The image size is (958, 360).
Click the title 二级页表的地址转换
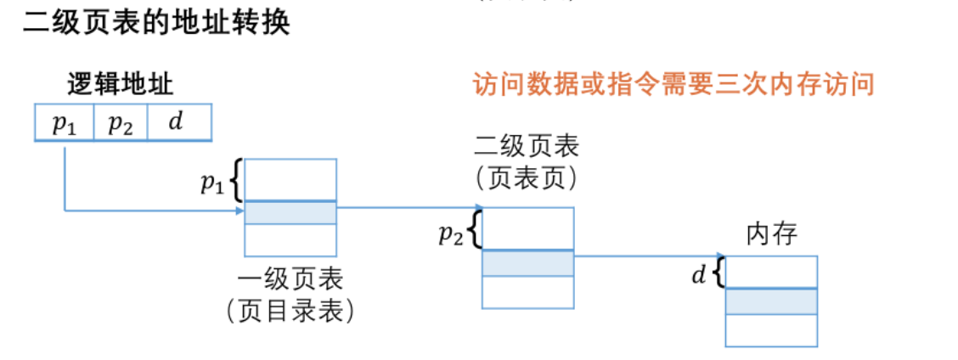[156, 23]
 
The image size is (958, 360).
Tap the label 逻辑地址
[121, 84]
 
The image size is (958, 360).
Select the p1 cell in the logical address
[65, 123]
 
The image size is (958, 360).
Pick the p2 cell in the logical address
[120, 123]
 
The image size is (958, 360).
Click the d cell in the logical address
[177, 123]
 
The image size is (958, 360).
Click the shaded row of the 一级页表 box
[290, 212]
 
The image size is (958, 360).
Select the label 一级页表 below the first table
[290, 281]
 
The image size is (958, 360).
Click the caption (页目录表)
[290, 311]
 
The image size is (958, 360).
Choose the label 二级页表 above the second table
[527, 147]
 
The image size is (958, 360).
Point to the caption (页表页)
[527, 177]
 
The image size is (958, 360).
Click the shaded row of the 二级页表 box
[528, 262]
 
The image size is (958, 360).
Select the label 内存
[771, 233]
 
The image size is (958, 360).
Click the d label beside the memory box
[698, 275]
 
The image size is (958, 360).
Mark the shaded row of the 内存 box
[771, 301]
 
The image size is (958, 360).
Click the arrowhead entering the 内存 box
[722, 256]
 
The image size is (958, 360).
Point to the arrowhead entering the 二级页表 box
[479, 207]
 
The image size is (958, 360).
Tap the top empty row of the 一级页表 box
[290, 179]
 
